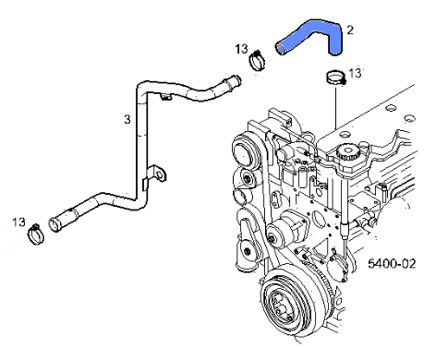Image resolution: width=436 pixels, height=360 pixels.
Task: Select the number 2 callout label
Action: coord(349,30)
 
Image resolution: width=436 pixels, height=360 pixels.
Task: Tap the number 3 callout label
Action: coord(127,119)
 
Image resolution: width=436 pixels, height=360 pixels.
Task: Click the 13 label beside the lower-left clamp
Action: coord(18,222)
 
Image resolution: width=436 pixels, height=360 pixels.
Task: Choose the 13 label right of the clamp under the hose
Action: coord(357,72)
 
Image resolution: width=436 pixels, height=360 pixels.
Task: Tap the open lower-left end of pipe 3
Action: coord(55,223)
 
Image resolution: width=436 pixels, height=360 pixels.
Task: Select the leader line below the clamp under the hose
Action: coord(333,111)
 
